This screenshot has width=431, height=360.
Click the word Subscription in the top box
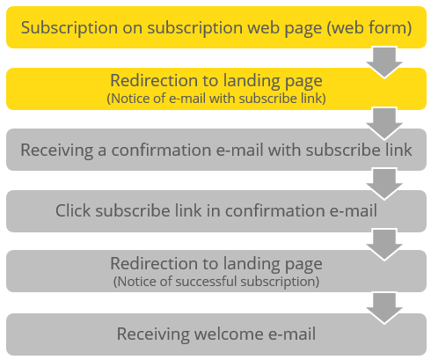click(x=69, y=28)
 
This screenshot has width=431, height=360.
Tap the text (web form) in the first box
click(x=369, y=28)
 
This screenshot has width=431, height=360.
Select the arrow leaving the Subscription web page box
click(x=384, y=62)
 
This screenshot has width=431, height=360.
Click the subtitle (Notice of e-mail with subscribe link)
click(x=216, y=99)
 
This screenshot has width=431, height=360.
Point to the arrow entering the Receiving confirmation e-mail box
click(x=384, y=123)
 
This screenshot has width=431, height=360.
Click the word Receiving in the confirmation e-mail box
click(x=57, y=151)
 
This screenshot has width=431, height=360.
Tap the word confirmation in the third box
click(x=161, y=150)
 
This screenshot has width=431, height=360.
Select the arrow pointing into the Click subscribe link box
click(x=384, y=184)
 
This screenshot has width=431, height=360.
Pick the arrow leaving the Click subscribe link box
click(x=384, y=245)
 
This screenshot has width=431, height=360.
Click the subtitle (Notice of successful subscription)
click(x=216, y=282)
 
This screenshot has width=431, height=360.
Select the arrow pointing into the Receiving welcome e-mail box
click(x=384, y=308)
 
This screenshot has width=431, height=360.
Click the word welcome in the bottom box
click(x=229, y=334)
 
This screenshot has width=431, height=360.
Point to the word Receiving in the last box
click(x=153, y=334)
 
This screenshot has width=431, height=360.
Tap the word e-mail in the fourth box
click(x=354, y=210)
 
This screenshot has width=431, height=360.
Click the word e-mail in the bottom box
click(x=292, y=334)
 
